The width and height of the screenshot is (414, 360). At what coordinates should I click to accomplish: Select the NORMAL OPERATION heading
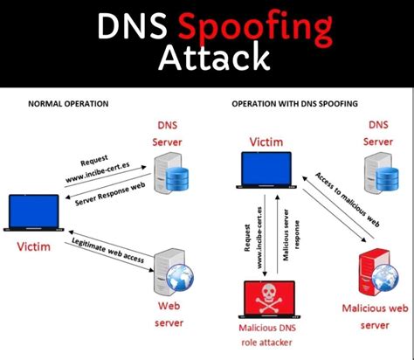[x=68, y=103]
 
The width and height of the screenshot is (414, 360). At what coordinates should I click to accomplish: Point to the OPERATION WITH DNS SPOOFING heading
[x=294, y=103]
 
